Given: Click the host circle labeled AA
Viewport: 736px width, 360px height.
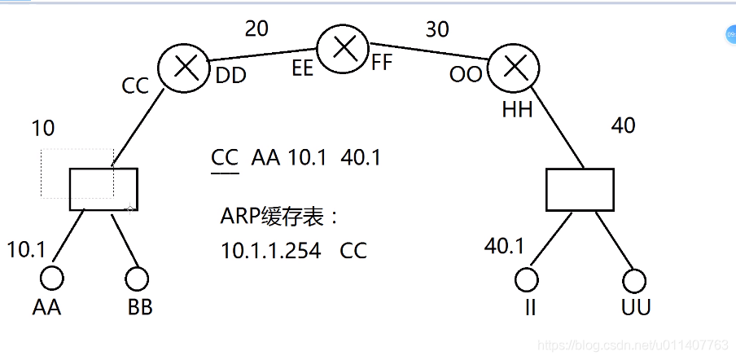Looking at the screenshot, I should pos(52,279).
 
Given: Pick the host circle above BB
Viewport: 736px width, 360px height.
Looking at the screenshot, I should pos(137,279).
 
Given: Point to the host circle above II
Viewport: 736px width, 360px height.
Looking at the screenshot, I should pos(528,279).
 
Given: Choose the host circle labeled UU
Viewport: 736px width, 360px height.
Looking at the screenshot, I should pos(633,281).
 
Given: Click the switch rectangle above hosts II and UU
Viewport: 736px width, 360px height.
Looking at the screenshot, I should pos(578,189).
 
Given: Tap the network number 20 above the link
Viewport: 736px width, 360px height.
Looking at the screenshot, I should pos(256,29).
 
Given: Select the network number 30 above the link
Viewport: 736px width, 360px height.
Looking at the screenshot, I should pos(437,29).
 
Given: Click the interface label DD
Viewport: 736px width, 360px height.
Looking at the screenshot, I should pos(231,76).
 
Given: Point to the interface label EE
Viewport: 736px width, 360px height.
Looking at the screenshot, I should pos(302,68).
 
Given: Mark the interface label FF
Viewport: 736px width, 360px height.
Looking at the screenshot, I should pos(382,63).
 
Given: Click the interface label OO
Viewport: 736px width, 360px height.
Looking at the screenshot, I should pos(466,75).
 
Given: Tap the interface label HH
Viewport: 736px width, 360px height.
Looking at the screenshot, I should pos(517,109).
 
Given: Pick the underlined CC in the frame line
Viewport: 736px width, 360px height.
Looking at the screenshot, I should pos(224,158).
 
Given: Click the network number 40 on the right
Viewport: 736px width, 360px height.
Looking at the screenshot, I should pos(623,125).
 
